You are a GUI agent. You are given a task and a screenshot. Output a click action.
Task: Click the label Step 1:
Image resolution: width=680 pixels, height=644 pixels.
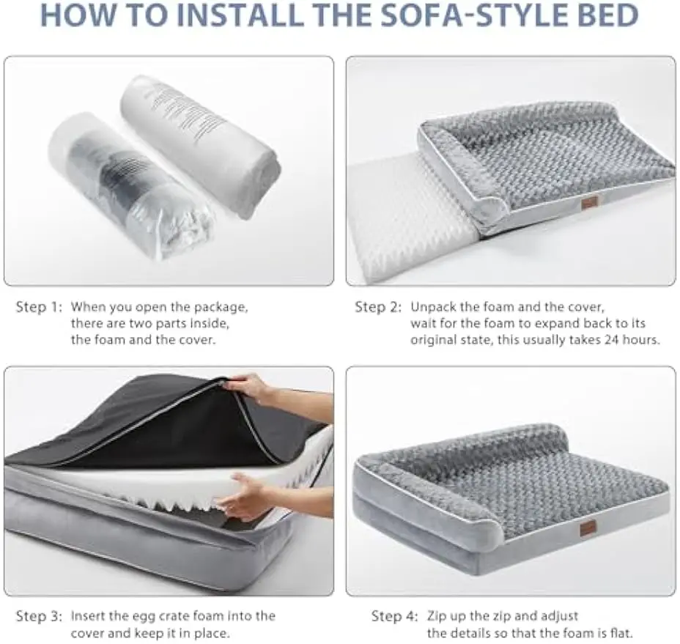(x=39, y=306)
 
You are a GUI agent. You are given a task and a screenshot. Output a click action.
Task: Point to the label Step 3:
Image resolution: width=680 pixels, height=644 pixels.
(x=39, y=616)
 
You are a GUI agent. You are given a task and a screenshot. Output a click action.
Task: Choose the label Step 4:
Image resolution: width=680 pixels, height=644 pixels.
(x=394, y=616)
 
